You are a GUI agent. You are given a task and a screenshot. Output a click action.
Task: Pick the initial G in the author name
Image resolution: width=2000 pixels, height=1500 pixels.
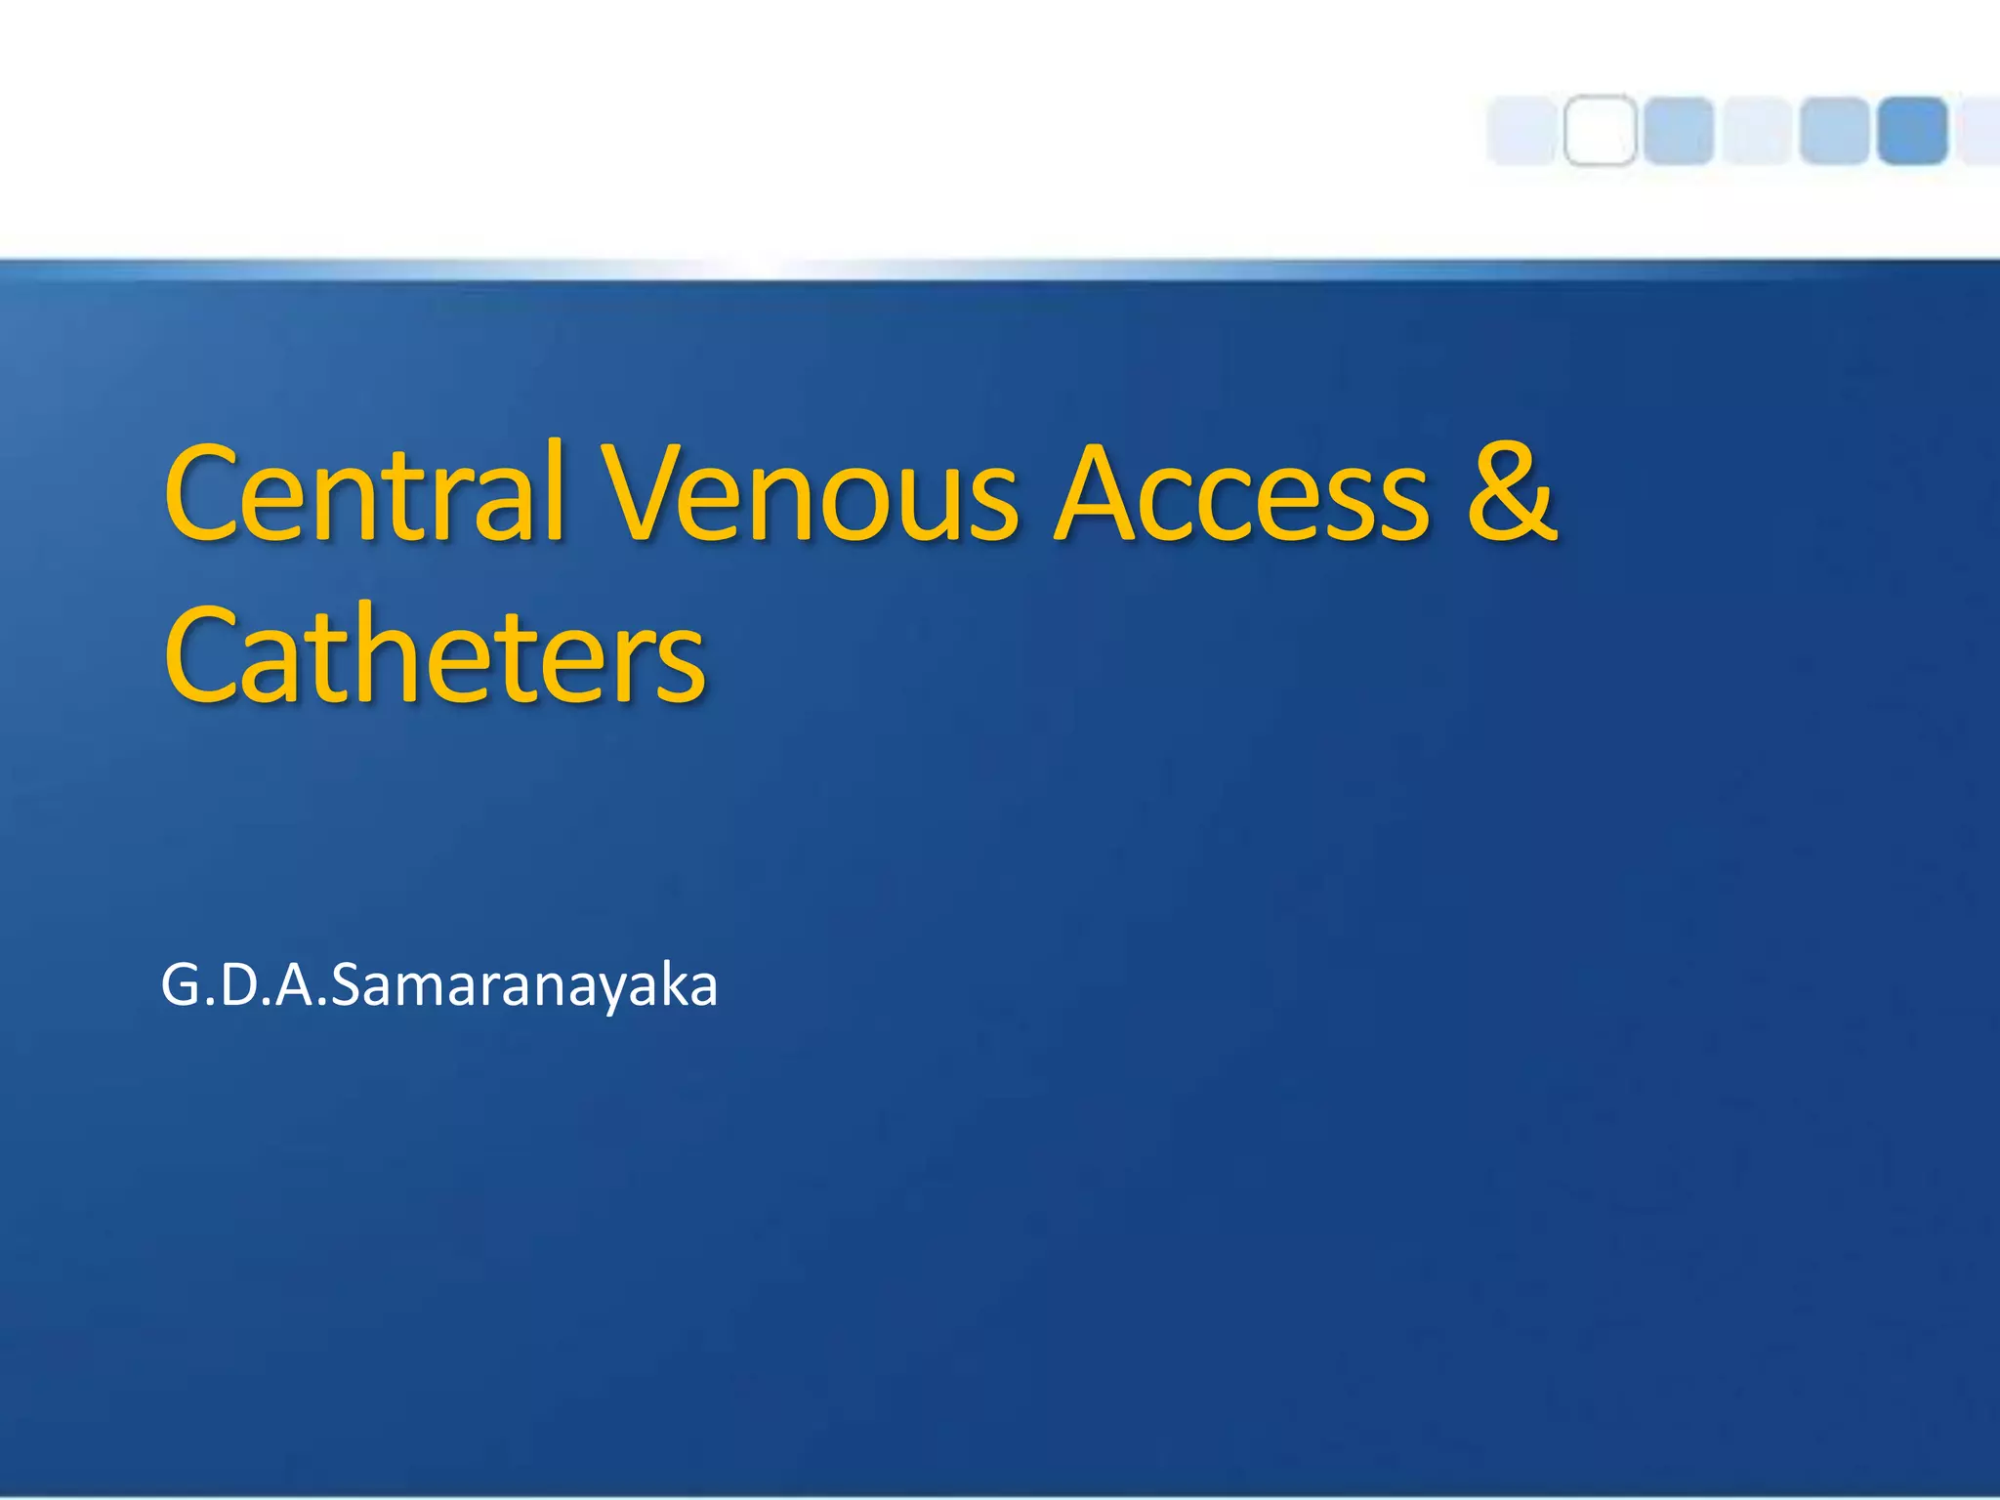(182, 985)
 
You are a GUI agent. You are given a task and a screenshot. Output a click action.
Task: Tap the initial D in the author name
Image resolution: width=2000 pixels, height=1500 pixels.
(238, 985)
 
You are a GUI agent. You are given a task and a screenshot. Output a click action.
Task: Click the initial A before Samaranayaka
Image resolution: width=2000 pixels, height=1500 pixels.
(294, 985)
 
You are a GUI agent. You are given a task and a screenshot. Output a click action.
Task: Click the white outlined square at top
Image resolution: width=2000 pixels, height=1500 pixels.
(1600, 130)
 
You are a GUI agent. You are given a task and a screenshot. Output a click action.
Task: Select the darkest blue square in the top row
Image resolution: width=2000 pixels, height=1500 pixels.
(1912, 130)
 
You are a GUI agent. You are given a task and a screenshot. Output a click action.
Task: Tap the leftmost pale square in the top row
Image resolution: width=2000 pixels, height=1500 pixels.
(1521, 130)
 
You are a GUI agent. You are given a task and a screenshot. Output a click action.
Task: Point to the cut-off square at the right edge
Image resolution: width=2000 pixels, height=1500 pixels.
(1982, 130)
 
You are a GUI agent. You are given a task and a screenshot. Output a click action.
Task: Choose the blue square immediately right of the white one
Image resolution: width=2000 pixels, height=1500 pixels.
(1678, 130)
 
